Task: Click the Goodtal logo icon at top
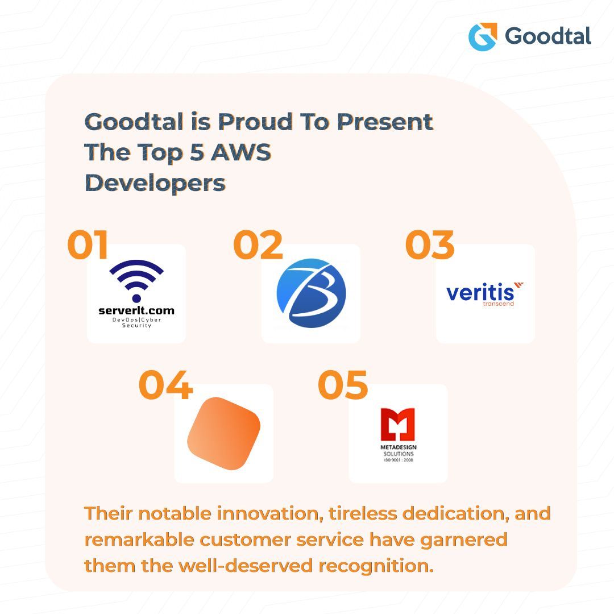coord(483,37)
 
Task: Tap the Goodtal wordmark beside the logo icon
coord(548,36)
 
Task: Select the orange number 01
coord(88,245)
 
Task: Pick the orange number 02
coord(258,245)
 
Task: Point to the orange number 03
coord(430,245)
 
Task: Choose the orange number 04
coord(165,385)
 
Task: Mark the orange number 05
coord(343,385)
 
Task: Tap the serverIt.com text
coord(136,310)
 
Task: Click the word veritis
coord(480,293)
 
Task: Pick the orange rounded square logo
coord(223,433)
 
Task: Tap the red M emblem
coord(398,425)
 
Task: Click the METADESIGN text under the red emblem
coord(398,448)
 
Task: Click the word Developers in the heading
coord(155,183)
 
